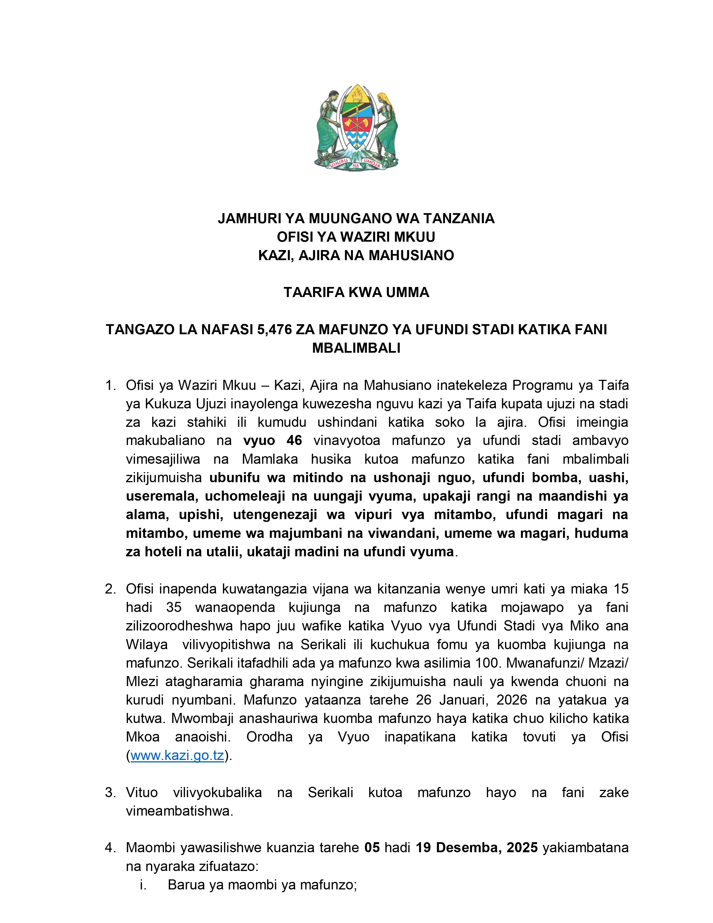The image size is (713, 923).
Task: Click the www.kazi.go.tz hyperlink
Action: (177, 755)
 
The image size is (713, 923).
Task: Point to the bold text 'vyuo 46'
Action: (272, 440)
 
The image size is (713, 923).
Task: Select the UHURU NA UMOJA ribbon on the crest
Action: (356, 164)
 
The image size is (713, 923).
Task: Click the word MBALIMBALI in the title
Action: (356, 348)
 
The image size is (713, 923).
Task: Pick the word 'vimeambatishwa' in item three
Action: (179, 811)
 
